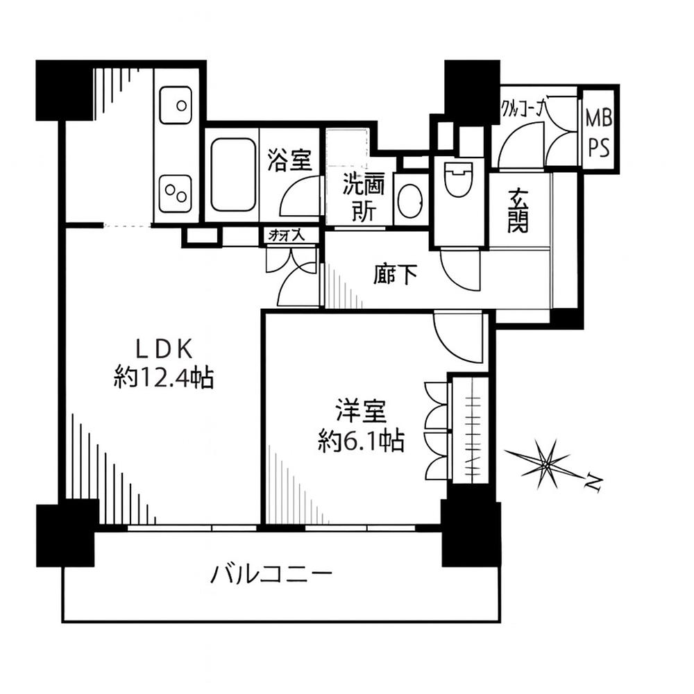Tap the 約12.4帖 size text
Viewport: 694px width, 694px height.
tap(164, 378)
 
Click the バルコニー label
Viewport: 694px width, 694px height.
tap(273, 575)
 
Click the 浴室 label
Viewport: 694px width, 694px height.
tap(289, 161)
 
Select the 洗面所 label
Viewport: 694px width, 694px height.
tap(360, 198)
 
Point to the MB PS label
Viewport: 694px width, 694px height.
tap(598, 131)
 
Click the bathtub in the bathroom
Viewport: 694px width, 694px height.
tap(232, 174)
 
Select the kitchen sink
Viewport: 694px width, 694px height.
tap(176, 105)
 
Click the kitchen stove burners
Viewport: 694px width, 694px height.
tap(176, 193)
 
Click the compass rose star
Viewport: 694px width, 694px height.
tap(548, 463)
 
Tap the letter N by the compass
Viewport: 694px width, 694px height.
tap(592, 481)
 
